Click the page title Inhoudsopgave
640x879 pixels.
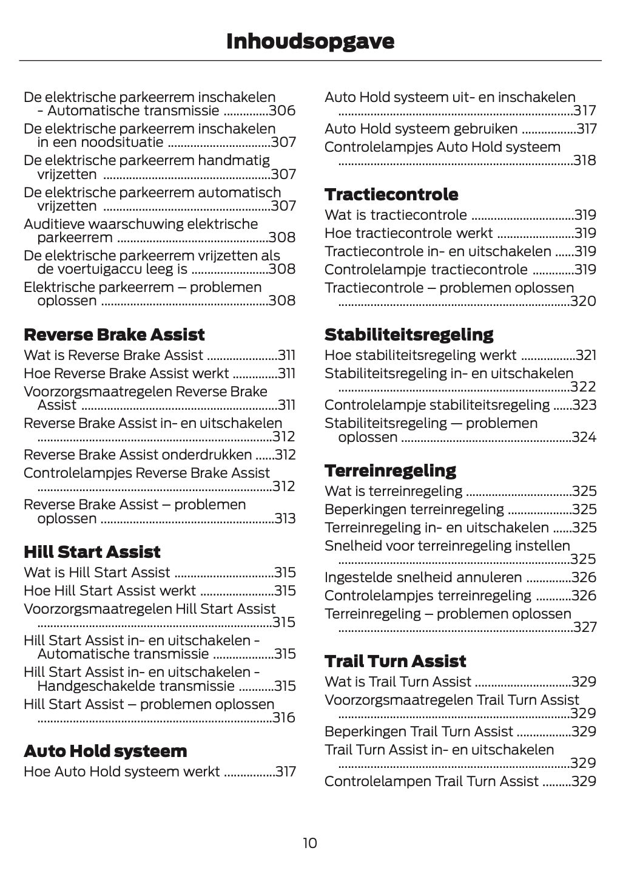[x=310, y=41]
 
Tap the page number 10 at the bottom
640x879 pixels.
[x=309, y=843]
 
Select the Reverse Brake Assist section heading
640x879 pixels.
[x=114, y=334]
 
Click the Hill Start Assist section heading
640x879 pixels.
[x=92, y=552]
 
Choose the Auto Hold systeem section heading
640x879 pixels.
[x=106, y=751]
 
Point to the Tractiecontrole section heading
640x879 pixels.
[x=391, y=194]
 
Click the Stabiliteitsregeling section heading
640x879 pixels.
[x=409, y=334]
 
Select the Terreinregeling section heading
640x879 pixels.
[x=390, y=470]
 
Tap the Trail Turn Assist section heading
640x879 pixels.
[x=395, y=661]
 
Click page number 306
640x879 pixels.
[x=282, y=110]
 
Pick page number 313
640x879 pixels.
[x=285, y=518]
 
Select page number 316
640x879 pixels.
[x=284, y=718]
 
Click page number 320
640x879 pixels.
[x=583, y=301]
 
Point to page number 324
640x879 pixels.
[x=584, y=437]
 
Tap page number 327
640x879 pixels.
[x=585, y=627]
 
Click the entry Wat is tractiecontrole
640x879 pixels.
[x=396, y=215]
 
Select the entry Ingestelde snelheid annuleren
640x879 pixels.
[x=423, y=577]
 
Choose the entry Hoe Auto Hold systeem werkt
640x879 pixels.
[x=121, y=772]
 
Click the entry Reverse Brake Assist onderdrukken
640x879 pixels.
[x=138, y=455]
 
